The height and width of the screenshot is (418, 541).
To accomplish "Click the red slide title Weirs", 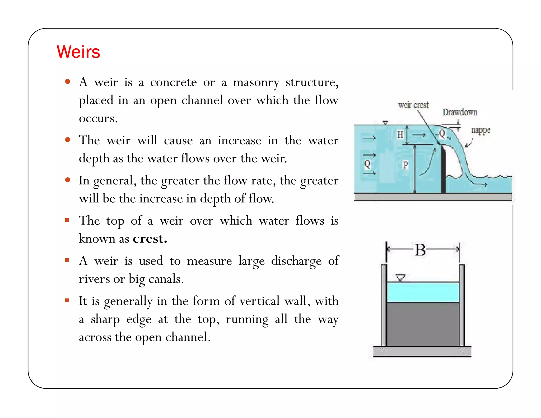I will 78,52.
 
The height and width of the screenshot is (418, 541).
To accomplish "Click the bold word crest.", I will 150,239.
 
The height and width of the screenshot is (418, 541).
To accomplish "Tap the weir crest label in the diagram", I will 413,105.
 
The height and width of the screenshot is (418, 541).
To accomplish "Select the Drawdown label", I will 460,112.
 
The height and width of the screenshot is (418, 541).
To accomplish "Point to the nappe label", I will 481,130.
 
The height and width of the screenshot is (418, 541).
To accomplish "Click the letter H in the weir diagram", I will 400,134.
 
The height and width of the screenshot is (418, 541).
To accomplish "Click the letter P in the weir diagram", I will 405,165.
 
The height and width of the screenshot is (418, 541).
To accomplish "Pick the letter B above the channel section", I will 420,250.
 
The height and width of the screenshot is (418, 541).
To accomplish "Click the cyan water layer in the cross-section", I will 423,292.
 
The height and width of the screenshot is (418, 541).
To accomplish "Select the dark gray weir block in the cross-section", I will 423,324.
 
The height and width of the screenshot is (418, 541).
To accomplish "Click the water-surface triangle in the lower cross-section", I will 400,278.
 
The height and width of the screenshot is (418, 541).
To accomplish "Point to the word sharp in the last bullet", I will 105,319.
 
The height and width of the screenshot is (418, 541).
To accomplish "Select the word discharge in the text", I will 296,261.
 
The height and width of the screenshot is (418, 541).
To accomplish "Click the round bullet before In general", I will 68,180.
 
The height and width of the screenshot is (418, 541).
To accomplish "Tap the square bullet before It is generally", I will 67,300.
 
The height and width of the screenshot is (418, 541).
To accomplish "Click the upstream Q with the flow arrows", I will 367,164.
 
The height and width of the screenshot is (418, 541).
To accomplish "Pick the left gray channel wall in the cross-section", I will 384,305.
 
